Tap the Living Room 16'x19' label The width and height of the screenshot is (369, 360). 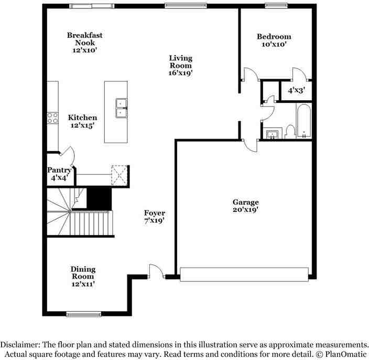click(180, 66)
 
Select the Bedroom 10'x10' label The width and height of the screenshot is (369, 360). click(274, 40)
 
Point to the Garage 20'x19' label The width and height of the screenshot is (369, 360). click(245, 206)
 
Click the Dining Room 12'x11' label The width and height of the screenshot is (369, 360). click(83, 277)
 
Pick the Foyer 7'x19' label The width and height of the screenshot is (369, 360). click(155, 217)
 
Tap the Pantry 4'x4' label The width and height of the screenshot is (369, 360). click(59, 174)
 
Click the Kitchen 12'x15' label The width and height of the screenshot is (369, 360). click(82, 122)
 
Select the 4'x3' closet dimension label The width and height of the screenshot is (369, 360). click(297, 90)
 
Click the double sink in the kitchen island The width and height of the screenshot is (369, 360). click(121, 107)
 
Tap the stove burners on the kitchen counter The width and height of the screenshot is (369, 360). click(52, 118)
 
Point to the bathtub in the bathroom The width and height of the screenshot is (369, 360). click(304, 121)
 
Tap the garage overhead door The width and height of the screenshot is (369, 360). click(244, 273)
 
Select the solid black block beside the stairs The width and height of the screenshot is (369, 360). click(99, 198)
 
